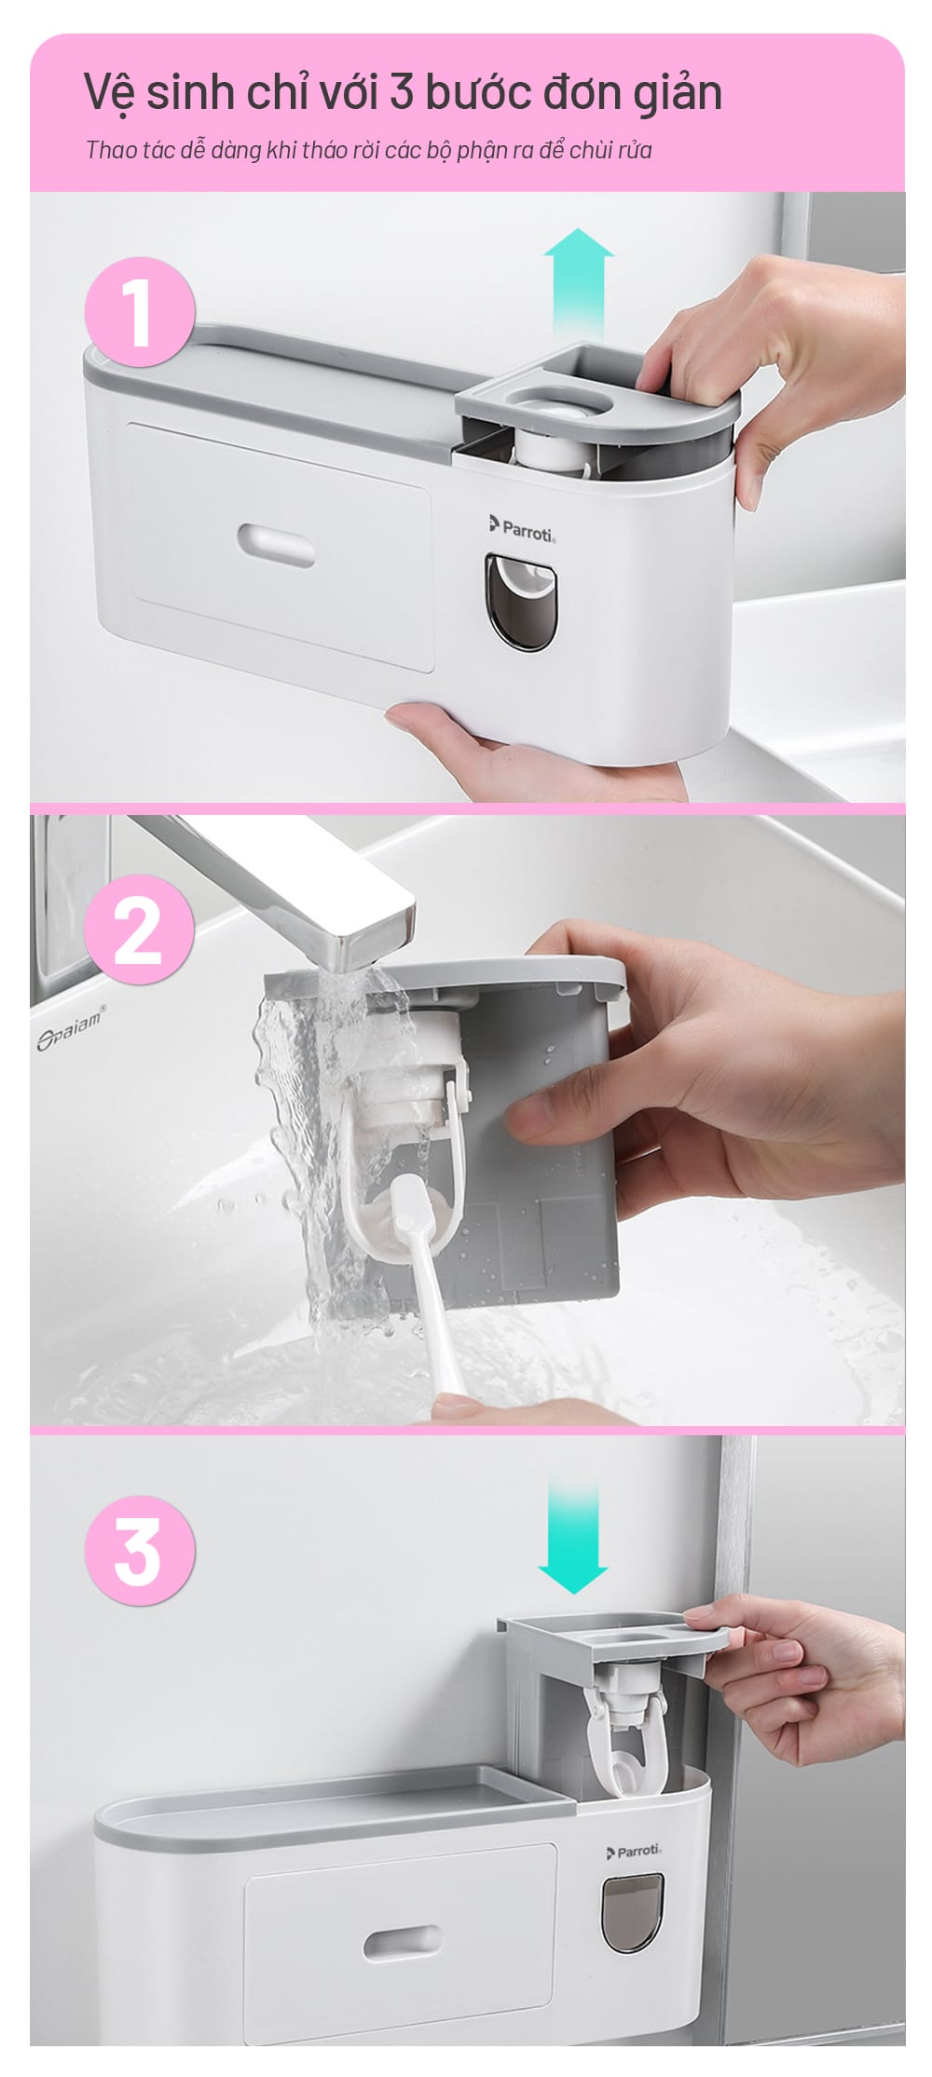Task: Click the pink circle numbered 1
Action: pos(140,311)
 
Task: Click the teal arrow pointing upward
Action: pos(580,284)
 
